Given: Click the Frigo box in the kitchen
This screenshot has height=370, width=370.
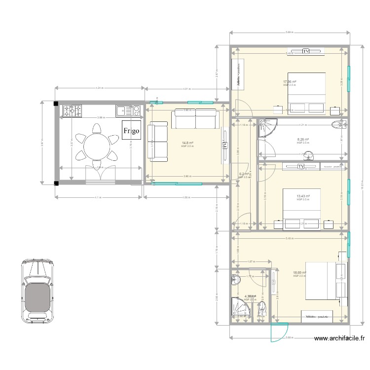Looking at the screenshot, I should (x=132, y=131).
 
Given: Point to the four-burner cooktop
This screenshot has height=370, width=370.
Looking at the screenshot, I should (x=72, y=111).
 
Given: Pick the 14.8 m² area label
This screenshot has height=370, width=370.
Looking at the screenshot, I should (x=187, y=144).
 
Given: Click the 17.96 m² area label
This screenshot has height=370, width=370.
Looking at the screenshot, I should (x=290, y=82).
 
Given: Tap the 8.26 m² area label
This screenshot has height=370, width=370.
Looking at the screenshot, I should (x=303, y=140).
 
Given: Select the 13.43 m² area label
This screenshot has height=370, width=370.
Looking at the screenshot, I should (x=302, y=196).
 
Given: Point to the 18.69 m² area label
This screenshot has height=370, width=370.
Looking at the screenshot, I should (x=299, y=273).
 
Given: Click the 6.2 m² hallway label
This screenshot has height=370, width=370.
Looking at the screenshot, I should (x=244, y=174).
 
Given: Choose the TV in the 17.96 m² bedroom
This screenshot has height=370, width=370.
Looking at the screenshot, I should (x=306, y=51).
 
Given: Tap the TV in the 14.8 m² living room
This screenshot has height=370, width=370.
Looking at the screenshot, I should (x=225, y=146).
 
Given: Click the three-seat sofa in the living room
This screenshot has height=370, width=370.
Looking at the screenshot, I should (x=195, y=119).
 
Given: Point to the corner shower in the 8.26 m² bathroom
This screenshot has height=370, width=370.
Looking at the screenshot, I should (x=268, y=128).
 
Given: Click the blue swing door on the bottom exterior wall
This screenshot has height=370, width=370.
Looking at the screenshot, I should (x=279, y=332).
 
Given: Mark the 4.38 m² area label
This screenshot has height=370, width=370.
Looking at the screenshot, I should (x=250, y=296).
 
